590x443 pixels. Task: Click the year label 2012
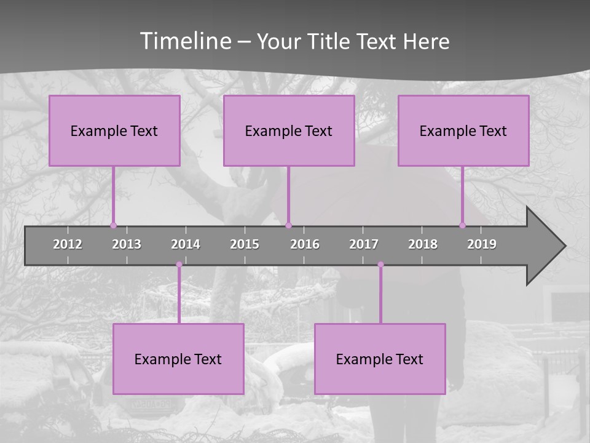68,244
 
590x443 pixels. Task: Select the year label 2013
127,244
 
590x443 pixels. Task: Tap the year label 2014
186,244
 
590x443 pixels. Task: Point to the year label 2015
245,244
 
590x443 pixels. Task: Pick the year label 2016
305,244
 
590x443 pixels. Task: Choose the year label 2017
364,244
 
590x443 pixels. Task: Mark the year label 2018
423,244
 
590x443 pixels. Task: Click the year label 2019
482,244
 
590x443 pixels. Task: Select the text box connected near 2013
114,131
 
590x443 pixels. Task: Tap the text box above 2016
289,131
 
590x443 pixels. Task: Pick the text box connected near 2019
463,131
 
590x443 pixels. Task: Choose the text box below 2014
178,359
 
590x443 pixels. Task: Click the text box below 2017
380,359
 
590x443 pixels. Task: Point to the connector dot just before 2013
113,225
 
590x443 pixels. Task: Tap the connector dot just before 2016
288,225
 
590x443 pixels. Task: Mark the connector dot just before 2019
462,225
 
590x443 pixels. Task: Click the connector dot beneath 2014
179,265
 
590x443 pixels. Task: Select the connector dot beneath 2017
380,265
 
